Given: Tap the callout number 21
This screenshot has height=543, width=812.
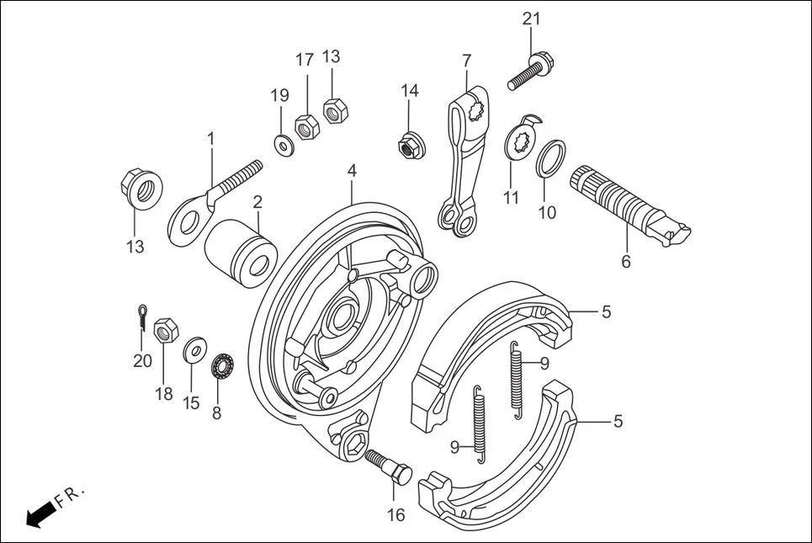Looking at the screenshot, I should [531, 19].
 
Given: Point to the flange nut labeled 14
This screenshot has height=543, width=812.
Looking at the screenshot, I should [410, 146].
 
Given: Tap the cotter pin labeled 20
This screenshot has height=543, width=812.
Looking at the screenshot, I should [144, 317].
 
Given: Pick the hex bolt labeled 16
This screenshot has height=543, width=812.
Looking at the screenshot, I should [390, 466].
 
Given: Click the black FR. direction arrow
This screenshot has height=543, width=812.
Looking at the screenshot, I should [38, 515].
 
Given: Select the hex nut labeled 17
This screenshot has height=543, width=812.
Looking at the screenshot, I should [305, 127].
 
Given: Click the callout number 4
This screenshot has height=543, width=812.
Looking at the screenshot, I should [352, 170].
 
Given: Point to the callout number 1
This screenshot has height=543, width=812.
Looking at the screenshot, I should [211, 137].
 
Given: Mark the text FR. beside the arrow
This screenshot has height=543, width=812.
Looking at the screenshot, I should [72, 497].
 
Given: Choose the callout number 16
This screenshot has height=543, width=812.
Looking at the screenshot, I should [395, 514].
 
